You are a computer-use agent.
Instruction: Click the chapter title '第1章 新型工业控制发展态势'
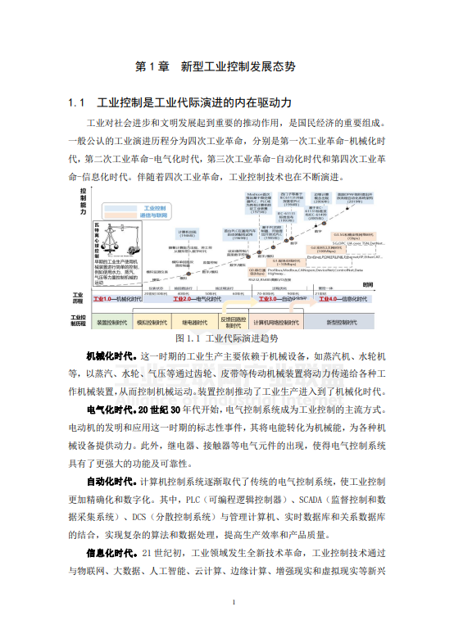(226, 65)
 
